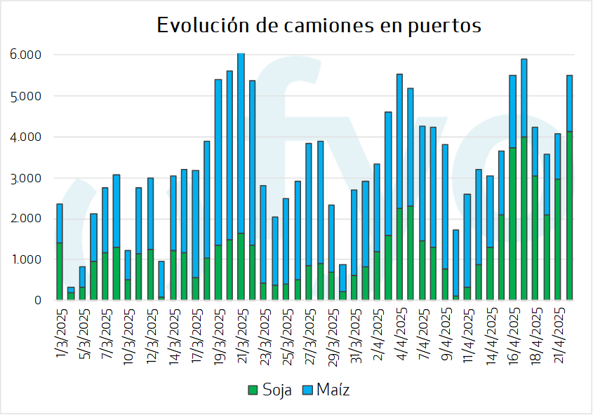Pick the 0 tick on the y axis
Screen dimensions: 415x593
pyautogui.click(x=38, y=300)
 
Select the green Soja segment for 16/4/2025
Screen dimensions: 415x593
pyautogui.click(x=513, y=224)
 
